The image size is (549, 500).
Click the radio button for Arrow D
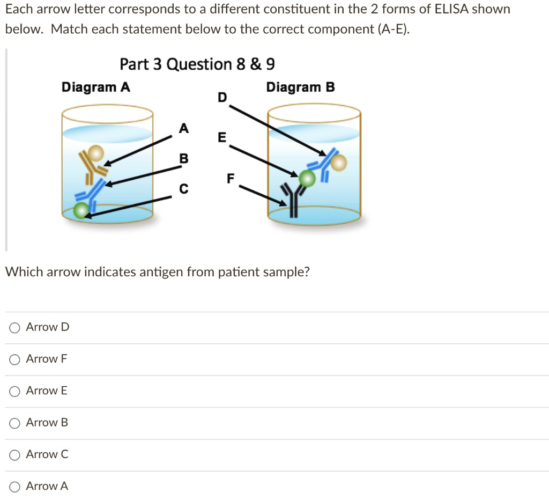(x=15, y=327)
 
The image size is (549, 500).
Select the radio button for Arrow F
(x=15, y=359)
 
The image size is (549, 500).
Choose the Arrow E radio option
(x=15, y=391)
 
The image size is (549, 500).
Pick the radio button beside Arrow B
(x=15, y=423)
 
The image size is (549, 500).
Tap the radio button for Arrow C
(x=15, y=454)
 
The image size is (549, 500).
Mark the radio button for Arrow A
(x=15, y=487)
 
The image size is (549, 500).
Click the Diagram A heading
(x=95, y=87)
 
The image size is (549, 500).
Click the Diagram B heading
(x=300, y=87)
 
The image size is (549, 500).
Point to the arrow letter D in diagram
(x=222, y=97)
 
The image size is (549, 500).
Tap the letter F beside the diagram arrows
(x=230, y=179)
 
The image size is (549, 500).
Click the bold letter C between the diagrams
(x=184, y=189)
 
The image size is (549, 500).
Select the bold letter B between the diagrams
(x=184, y=159)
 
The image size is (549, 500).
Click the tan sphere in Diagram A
(x=96, y=153)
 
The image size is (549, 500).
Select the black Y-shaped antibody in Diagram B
(x=292, y=200)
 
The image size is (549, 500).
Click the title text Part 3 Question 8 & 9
(x=197, y=64)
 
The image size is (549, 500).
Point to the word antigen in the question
(x=161, y=272)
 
